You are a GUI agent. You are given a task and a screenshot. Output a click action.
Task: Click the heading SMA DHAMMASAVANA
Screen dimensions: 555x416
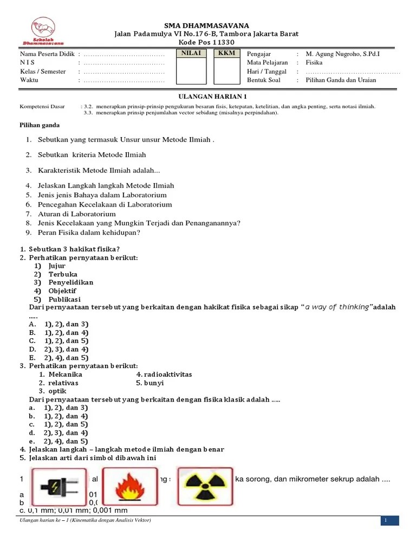tap(206, 25)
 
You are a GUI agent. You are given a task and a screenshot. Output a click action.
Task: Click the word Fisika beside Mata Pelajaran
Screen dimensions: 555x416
tap(314, 63)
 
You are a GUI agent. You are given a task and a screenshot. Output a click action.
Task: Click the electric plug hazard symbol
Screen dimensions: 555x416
tap(60, 487)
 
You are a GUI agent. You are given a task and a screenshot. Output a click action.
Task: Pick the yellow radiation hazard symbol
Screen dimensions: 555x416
tap(205, 486)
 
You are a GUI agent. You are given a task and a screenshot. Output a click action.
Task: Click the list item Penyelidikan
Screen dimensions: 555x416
tap(70, 282)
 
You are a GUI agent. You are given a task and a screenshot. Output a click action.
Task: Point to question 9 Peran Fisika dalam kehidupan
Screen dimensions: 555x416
tap(89, 233)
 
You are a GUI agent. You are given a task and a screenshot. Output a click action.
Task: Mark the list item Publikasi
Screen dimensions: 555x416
tap(64, 299)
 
